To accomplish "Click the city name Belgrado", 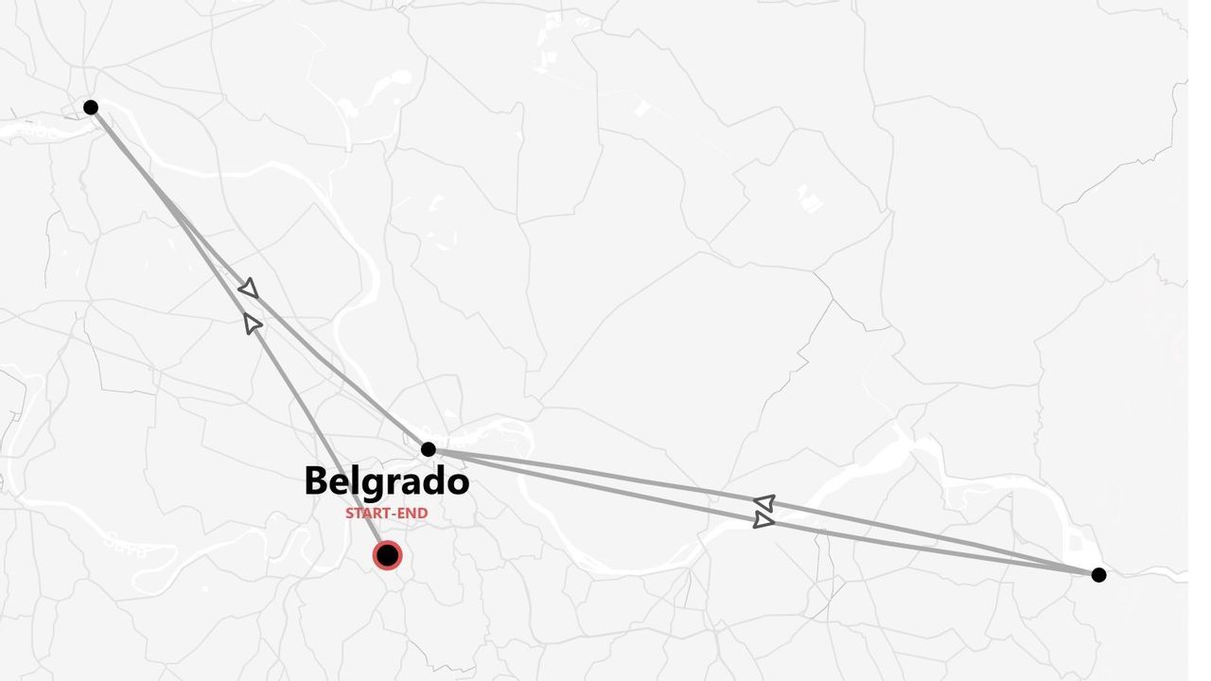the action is point(386,481).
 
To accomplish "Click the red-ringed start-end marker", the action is point(387,554).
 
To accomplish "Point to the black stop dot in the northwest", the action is point(91,107).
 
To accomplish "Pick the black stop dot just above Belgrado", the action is point(428,449).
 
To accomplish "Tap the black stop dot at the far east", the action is point(1098,574).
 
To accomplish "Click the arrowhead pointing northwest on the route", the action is point(253,323).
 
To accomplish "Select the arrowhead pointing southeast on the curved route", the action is point(248,288).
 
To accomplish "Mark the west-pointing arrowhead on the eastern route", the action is point(764,502).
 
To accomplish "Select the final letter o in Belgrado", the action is point(458,483).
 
